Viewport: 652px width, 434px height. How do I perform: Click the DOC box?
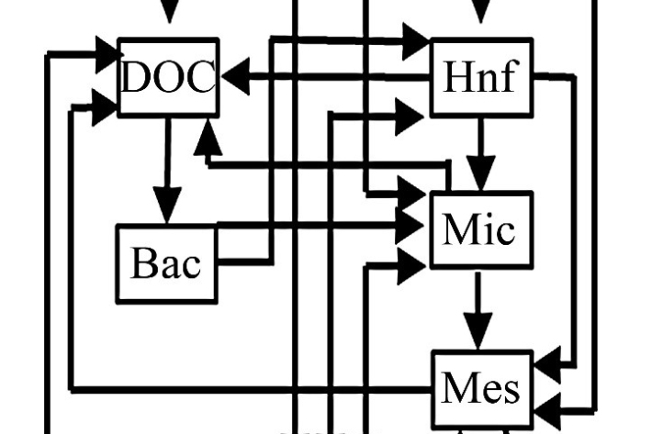pyautogui.click(x=169, y=78)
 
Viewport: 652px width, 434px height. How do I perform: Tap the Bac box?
pyautogui.click(x=166, y=263)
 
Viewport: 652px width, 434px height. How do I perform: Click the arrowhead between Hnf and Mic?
pyautogui.click(x=480, y=171)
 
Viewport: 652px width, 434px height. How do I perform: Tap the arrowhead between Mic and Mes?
pyautogui.click(x=478, y=327)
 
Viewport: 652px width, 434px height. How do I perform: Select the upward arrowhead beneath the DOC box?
pyautogui.click(x=208, y=138)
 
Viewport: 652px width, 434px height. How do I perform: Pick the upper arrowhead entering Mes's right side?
pyautogui.click(x=546, y=366)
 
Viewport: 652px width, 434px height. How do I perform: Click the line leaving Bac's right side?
pyautogui.click(x=244, y=262)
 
